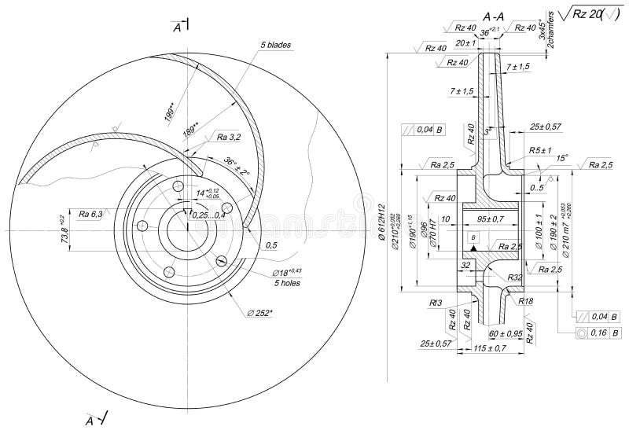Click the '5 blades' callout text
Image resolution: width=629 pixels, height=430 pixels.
click(x=276, y=45)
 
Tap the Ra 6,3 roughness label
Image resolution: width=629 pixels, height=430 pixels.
click(x=90, y=212)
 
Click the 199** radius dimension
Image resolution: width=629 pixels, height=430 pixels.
click(x=171, y=112)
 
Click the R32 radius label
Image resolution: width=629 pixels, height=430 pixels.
click(x=515, y=277)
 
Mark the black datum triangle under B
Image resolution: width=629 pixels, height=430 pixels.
click(x=473, y=248)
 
